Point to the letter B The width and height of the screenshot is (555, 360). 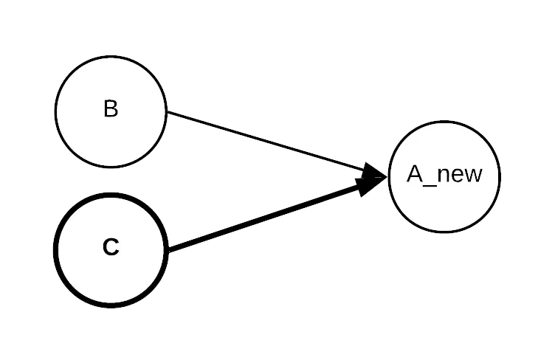(111, 109)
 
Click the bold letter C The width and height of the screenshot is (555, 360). (111, 248)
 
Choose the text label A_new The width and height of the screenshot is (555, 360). (444, 175)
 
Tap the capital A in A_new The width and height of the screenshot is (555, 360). (415, 174)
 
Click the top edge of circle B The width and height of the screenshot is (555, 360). (111, 59)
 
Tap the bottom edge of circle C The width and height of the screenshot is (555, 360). (111, 301)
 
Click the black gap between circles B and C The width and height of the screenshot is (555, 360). (111, 182)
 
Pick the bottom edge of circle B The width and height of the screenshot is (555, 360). (111, 165)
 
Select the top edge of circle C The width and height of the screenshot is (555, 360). (111, 198)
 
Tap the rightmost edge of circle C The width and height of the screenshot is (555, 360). (162, 249)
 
